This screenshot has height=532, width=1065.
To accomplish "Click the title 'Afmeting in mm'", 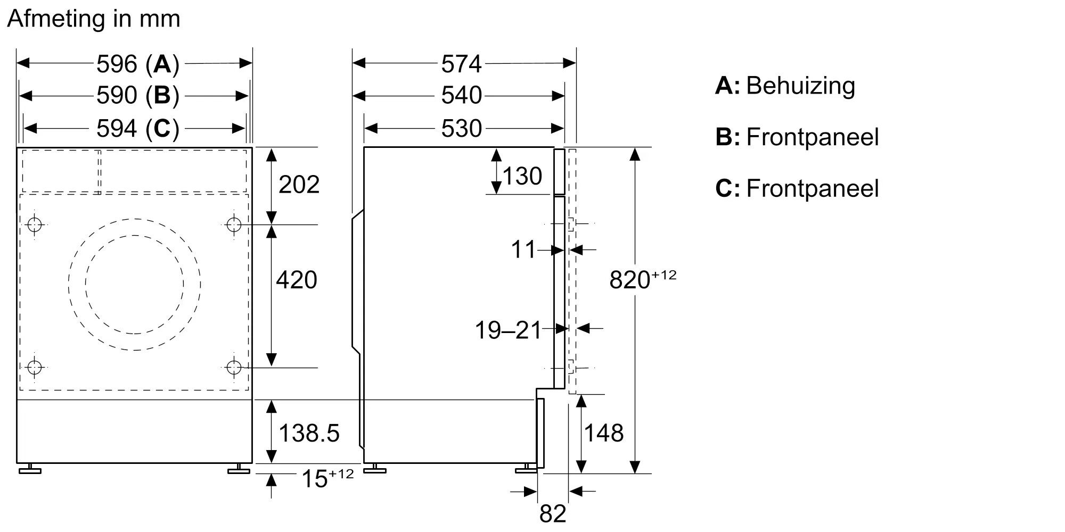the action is coord(94,19).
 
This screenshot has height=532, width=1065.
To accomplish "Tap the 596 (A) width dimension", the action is coord(137,64).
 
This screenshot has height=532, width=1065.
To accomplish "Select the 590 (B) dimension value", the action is coord(137,96).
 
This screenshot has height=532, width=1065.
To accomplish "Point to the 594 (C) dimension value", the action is coord(137,128).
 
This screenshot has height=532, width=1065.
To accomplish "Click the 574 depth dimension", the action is coord(461,64).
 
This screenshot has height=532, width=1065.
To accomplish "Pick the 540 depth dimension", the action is coord(461,96).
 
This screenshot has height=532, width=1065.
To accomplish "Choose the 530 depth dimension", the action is coord(461,128).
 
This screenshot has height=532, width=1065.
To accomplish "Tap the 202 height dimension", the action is coord(299,185).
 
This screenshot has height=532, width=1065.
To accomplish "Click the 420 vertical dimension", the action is coord(297,280).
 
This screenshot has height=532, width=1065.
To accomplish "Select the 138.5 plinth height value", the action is coord(309,433).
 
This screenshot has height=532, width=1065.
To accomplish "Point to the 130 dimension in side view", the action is coord(522,176).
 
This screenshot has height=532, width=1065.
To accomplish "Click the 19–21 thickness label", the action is coord(508,330).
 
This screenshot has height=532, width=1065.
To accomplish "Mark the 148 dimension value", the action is coord(604,433).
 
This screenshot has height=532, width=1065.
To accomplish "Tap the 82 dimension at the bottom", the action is coord(553,514).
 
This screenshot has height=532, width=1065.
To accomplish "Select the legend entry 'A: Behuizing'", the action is coord(785,86).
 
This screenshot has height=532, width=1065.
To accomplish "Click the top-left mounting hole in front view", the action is coord(35,225).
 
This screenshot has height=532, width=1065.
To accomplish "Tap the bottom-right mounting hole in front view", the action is coord(234,367).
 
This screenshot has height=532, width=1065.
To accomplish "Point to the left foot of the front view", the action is coord(30,469).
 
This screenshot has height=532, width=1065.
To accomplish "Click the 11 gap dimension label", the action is coord(523,250).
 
